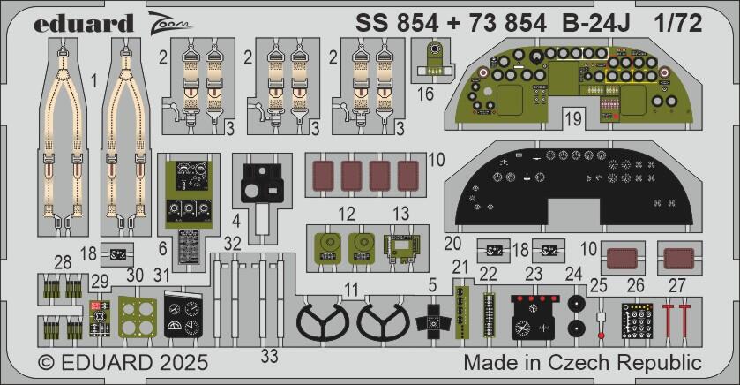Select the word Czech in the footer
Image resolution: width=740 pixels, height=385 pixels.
pos(598,363)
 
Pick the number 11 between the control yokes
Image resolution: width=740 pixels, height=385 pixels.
pos(351,289)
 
